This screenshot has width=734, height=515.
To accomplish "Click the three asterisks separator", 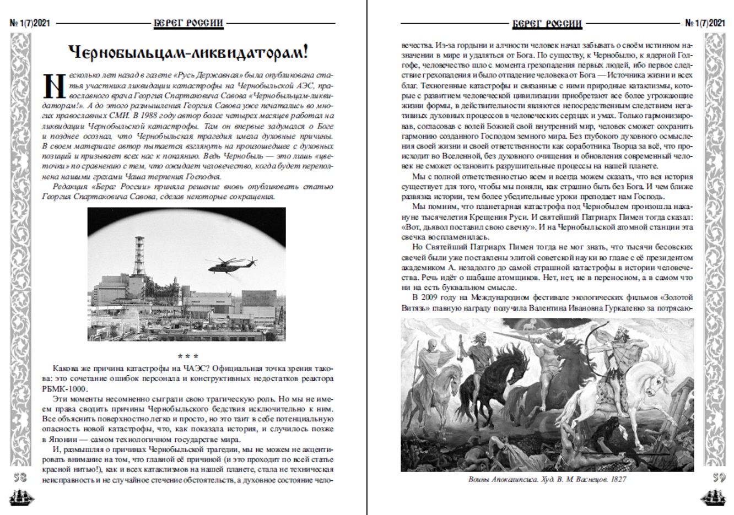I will tap(187, 356).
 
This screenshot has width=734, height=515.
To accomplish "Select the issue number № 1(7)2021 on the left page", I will tap(30, 24).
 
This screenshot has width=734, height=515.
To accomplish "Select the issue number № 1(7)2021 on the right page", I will tap(705, 24).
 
